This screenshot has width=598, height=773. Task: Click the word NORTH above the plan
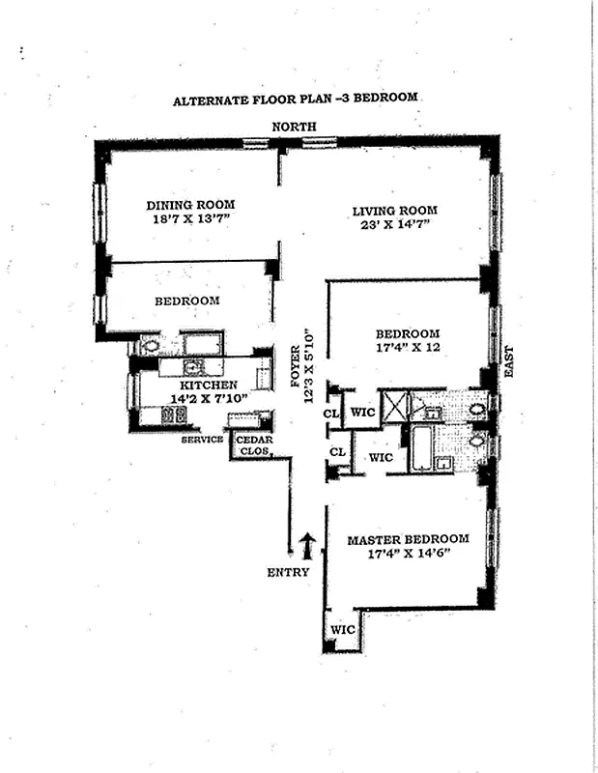[x=294, y=127]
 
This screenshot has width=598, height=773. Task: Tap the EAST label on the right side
[x=509, y=361]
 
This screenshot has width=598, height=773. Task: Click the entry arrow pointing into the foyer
[x=308, y=546]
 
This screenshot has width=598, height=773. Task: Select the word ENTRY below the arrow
[x=289, y=572]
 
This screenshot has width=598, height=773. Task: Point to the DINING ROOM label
[x=190, y=205]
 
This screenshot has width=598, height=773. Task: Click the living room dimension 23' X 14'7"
[x=395, y=225]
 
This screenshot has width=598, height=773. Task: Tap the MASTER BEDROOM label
[x=409, y=540]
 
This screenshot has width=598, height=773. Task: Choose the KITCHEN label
[x=208, y=385]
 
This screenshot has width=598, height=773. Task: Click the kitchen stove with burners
[x=174, y=415]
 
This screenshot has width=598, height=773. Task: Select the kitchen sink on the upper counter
[x=191, y=366]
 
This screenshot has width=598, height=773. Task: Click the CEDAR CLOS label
[x=254, y=445]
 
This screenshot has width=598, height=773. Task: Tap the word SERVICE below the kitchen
[x=202, y=440]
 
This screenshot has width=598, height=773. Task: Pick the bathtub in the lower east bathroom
[x=422, y=447]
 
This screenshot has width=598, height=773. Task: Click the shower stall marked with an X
[x=395, y=406]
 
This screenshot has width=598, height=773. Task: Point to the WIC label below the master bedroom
[x=343, y=630]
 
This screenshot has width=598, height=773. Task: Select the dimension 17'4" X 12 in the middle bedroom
[x=409, y=348]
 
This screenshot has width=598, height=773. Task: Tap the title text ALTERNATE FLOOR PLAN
[x=254, y=100]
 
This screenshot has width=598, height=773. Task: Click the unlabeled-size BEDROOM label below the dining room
[x=187, y=301]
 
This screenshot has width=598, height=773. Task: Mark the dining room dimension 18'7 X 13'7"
[x=192, y=219]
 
